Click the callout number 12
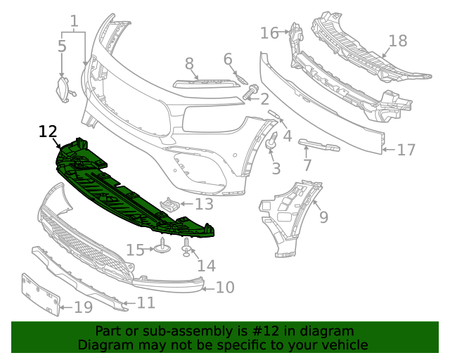click(x=48, y=131)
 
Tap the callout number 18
click(x=398, y=41)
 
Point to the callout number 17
click(x=406, y=150)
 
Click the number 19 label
click(x=83, y=307)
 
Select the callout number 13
click(x=203, y=205)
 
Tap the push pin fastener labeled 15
click(x=162, y=247)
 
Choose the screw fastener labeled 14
click(x=187, y=247)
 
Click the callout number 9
click(x=323, y=217)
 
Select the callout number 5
click(x=62, y=46)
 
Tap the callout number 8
click(x=189, y=64)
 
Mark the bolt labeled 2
click(x=250, y=91)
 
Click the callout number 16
click(x=269, y=33)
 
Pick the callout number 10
click(x=224, y=287)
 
